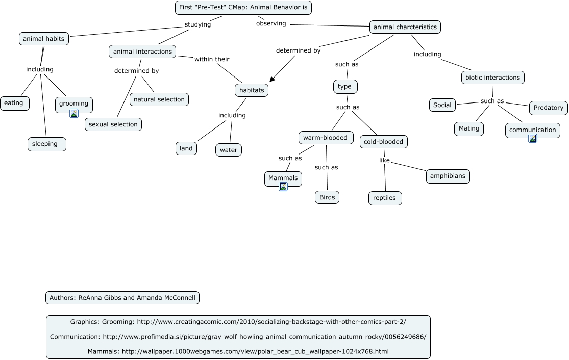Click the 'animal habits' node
[x=44, y=39]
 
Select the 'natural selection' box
[x=159, y=99]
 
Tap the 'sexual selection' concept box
[x=113, y=124]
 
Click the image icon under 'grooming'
[x=74, y=113]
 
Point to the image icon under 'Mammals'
[x=283, y=187]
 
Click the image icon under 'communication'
[x=533, y=138]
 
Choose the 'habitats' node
[x=252, y=90]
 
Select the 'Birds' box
[x=327, y=197]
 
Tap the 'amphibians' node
[x=448, y=176]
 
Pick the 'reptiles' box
[x=385, y=198]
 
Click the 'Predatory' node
[x=548, y=108]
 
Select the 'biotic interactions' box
[x=492, y=78]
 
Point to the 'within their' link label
[x=212, y=59]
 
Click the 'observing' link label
[x=271, y=23]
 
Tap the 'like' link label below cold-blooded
[x=384, y=160]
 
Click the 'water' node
[x=229, y=150]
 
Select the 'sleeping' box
[x=46, y=144]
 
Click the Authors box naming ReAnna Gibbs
[x=122, y=298]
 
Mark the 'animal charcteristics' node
[x=405, y=27]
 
